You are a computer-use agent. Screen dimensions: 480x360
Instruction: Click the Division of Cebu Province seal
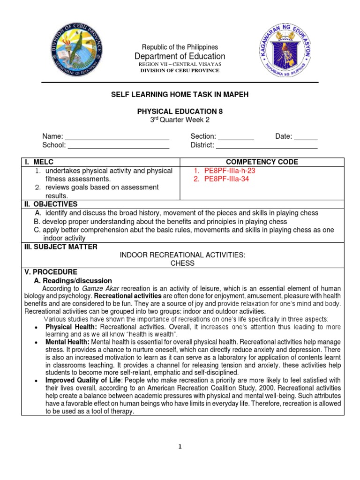[76, 49]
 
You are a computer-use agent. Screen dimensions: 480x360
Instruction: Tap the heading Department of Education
[180, 56]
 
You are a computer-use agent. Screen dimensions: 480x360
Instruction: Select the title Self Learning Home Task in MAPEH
[180, 95]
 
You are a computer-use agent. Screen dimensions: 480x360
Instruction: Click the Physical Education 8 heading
[180, 112]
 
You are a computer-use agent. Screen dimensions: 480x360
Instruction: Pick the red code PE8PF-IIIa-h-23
[229, 171]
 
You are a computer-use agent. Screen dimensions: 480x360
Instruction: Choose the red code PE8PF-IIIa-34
[226, 179]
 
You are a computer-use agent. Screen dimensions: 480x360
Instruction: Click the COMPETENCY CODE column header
[262, 162]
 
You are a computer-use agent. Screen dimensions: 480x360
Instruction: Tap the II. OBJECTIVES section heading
[51, 204]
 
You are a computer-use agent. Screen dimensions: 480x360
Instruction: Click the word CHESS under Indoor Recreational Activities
[182, 263]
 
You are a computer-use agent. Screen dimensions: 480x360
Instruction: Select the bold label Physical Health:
[71, 326]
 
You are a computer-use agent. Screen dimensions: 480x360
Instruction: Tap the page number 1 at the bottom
[180, 447]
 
